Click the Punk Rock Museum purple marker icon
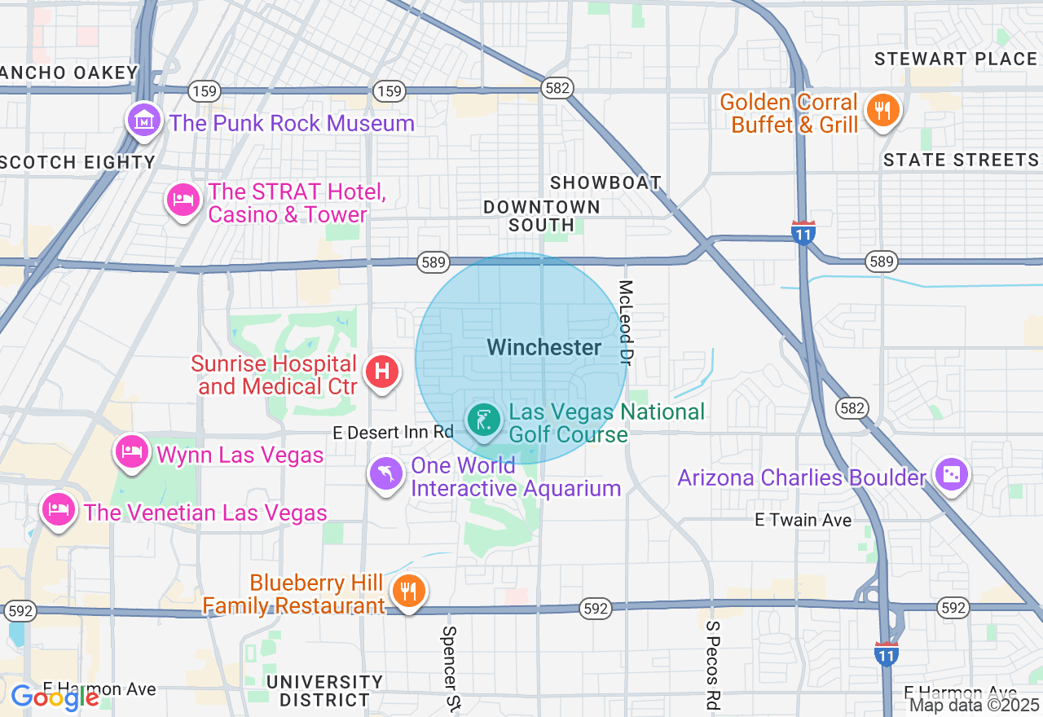[x=144, y=121]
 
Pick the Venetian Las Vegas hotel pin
[x=58, y=510]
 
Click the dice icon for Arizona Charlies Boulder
[x=951, y=475]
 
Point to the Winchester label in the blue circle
[x=544, y=348]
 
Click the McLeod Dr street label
[x=626, y=323]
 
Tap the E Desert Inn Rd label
[x=393, y=433]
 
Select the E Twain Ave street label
[x=803, y=520]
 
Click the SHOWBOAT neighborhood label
[x=605, y=183]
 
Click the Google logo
[x=55, y=697]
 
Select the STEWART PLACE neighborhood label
[x=955, y=59]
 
